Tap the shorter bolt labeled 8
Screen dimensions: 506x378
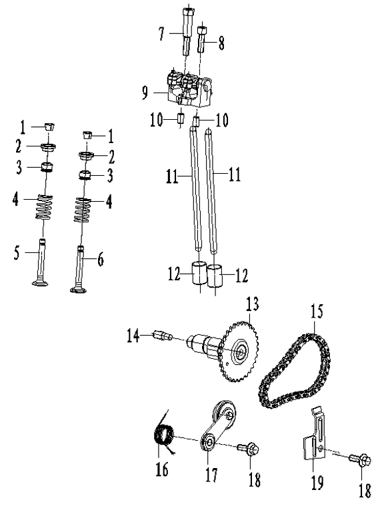click(x=203, y=42)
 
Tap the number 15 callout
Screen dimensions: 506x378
click(x=314, y=310)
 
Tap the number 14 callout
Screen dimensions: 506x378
click(x=133, y=337)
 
